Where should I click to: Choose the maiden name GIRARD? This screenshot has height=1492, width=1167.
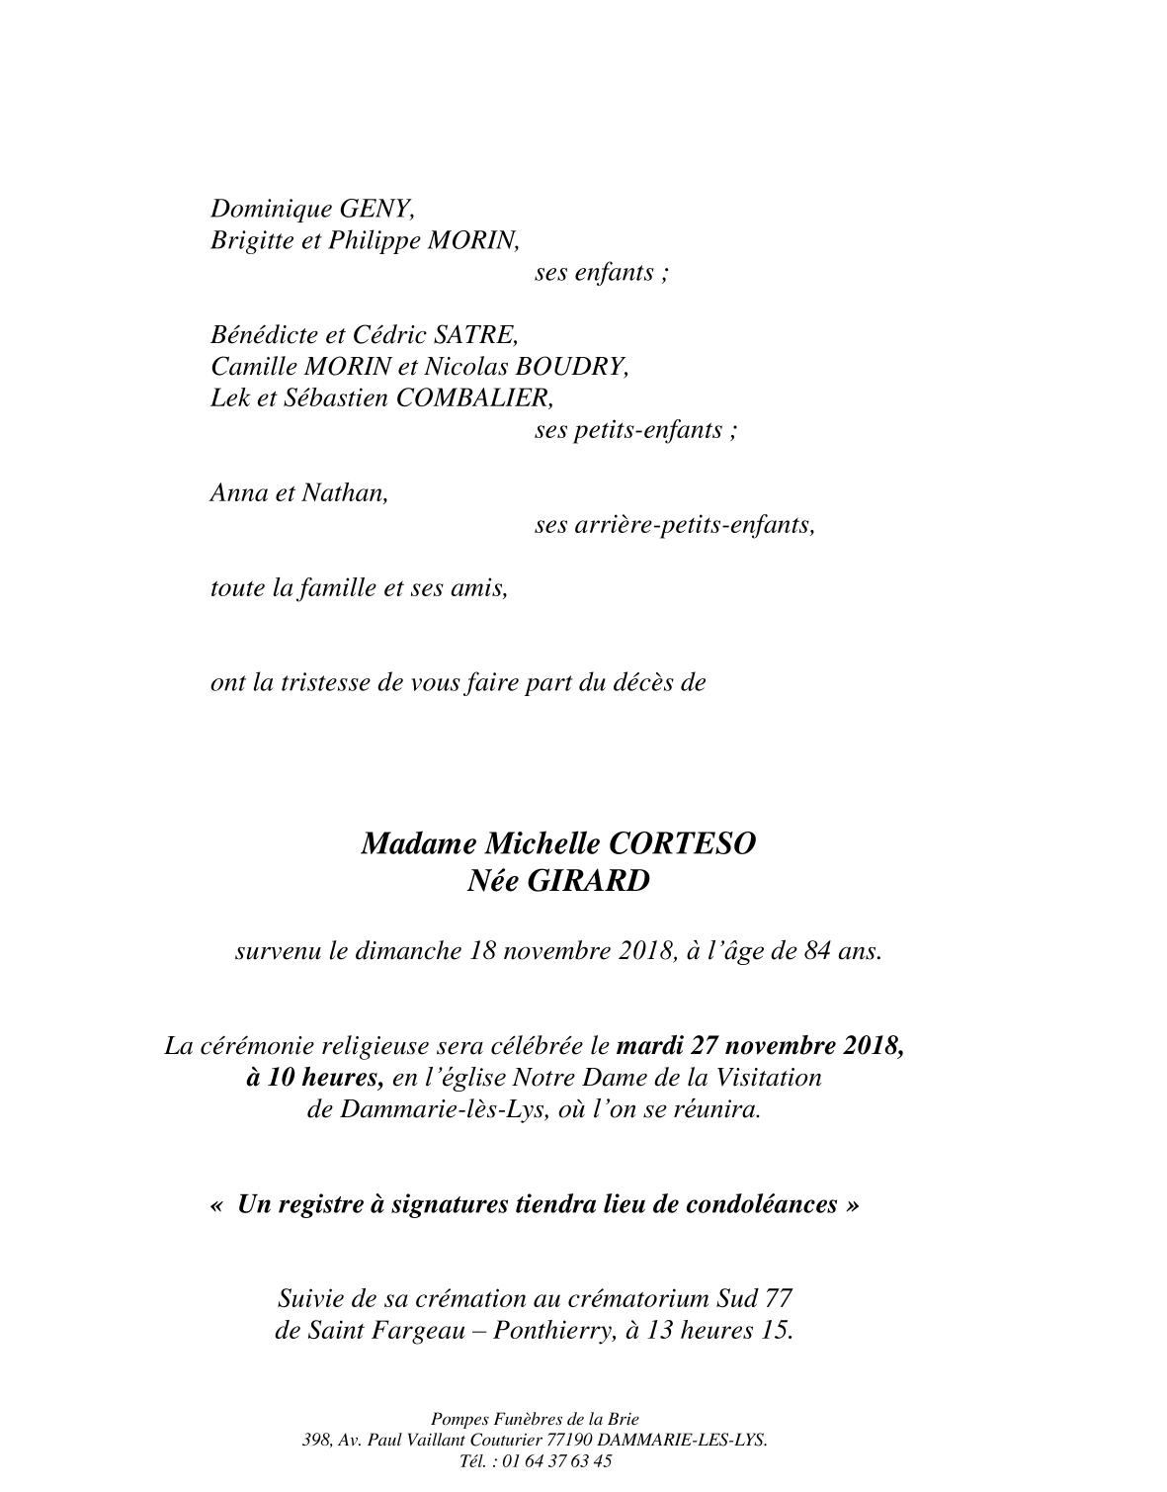(589, 881)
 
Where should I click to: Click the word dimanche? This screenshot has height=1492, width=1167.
(409, 951)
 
